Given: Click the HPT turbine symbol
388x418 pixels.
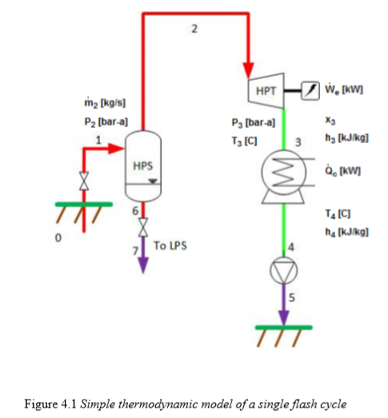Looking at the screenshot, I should click(x=264, y=91).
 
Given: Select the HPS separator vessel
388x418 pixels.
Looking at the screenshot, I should click(x=142, y=167).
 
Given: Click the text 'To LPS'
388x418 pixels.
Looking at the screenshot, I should click(x=170, y=245).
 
